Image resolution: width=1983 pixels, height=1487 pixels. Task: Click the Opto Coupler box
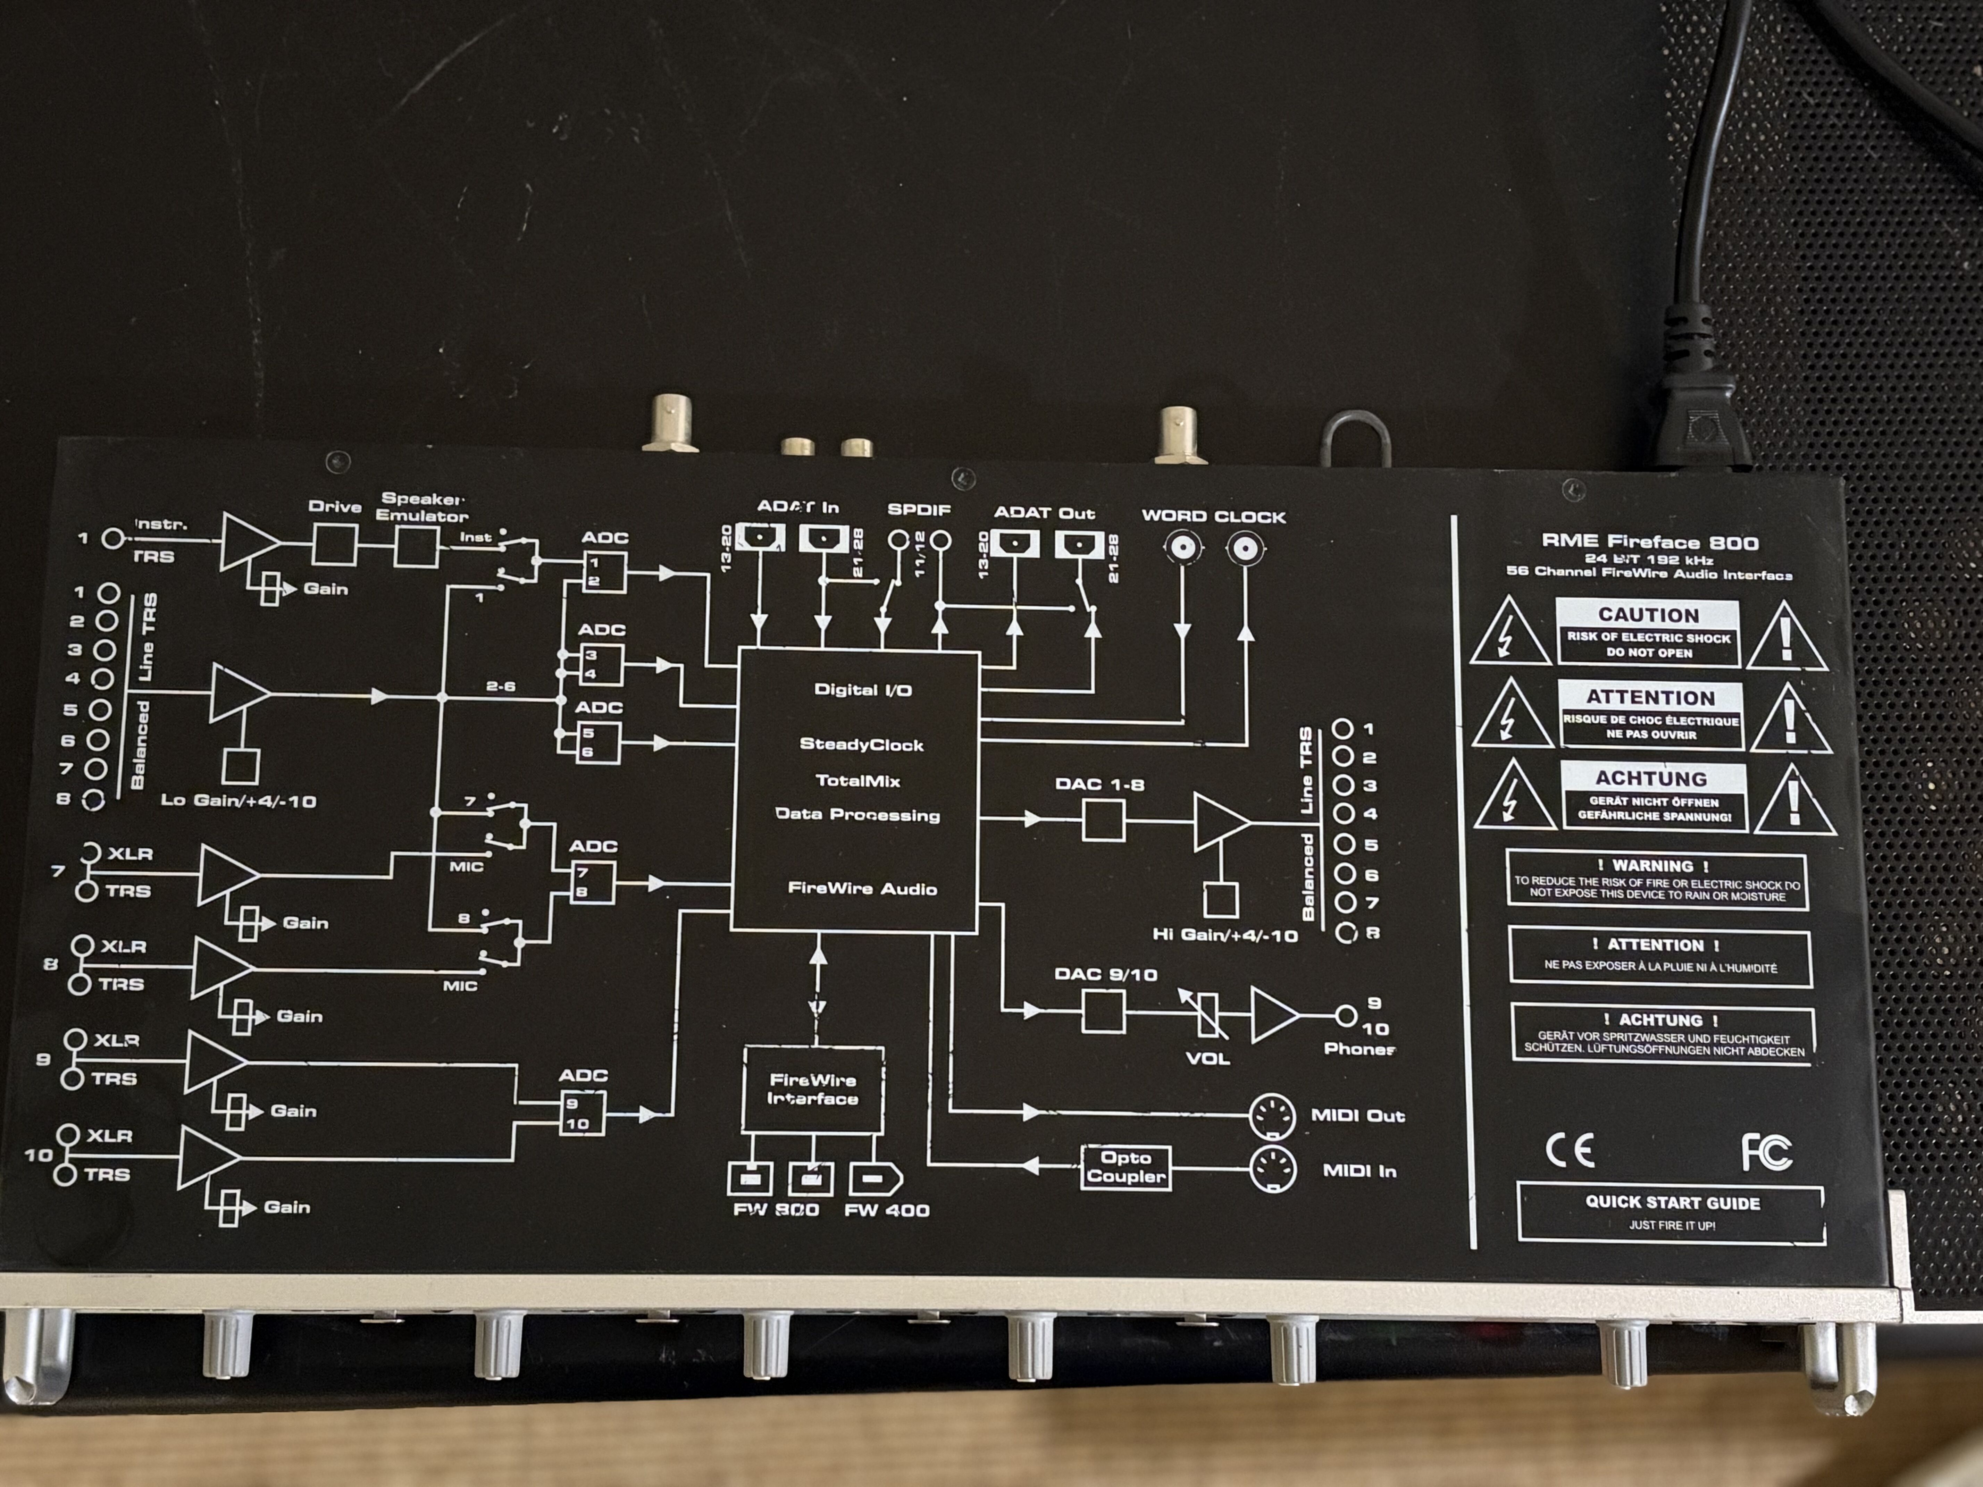(x=1126, y=1167)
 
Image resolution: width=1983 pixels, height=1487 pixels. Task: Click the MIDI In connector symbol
(x=1273, y=1169)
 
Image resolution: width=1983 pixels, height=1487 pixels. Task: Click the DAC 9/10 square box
(x=1104, y=1011)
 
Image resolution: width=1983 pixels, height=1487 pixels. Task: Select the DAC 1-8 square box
(x=1104, y=820)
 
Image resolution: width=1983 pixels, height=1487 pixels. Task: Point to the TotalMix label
(x=858, y=781)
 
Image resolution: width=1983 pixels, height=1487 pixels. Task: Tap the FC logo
(x=1766, y=1152)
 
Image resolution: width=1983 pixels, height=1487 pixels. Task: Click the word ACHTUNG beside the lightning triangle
(x=1650, y=778)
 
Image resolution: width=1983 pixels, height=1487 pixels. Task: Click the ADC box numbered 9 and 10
(x=582, y=1114)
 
